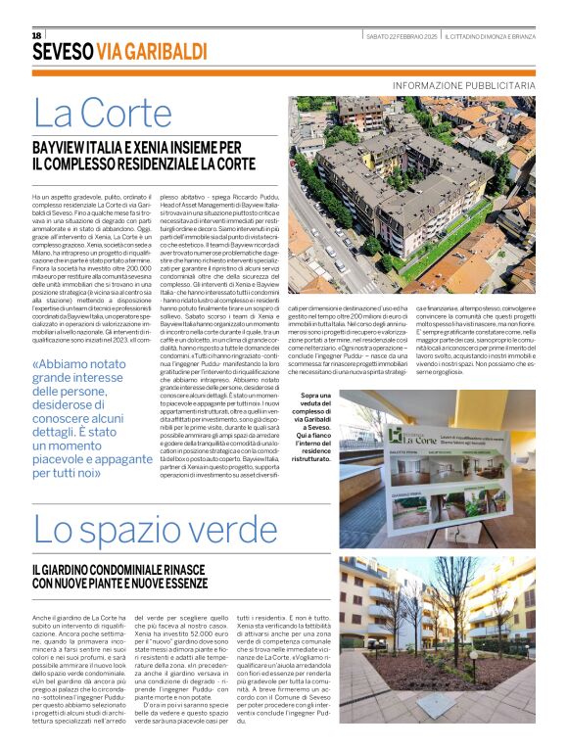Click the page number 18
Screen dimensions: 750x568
pyautogui.click(x=37, y=35)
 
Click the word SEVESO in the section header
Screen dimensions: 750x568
pyautogui.click(x=63, y=51)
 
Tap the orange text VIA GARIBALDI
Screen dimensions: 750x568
pyautogui.click(x=146, y=51)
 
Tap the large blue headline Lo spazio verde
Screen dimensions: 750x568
pyautogui.click(x=143, y=530)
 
